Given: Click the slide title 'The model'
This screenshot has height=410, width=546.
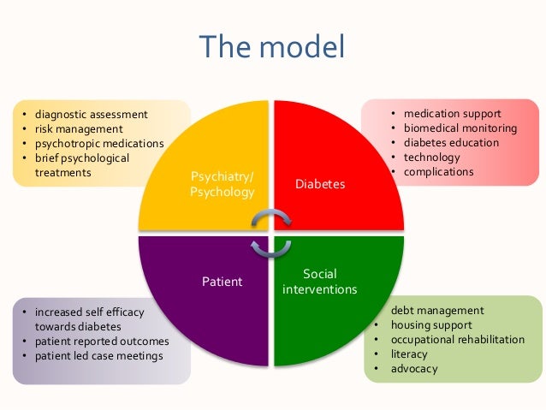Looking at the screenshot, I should point(272,47).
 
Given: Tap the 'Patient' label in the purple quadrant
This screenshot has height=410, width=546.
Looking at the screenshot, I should point(222,281).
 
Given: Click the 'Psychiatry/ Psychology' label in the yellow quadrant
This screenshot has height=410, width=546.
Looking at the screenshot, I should point(222,185).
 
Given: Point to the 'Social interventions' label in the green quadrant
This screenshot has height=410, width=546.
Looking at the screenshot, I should point(319,282).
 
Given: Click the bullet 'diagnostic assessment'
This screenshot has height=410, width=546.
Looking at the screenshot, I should point(91,114).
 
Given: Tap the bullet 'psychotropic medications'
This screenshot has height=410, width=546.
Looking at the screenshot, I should point(98,143).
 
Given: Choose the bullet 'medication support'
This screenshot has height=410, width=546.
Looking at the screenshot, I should point(452,114).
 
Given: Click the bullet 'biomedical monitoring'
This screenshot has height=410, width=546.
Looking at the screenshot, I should point(460,128).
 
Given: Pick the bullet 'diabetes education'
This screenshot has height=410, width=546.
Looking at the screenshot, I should point(451,143).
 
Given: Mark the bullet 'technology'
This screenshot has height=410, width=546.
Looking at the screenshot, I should point(431,157).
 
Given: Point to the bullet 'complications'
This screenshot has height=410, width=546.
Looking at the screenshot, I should point(438,172).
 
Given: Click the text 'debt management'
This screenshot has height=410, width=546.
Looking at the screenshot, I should point(436,311).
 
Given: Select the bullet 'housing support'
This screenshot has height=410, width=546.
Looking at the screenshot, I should point(430,325).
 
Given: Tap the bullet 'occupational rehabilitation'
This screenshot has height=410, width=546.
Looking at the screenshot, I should point(457,340).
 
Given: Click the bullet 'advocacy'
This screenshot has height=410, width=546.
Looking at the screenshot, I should point(413,369).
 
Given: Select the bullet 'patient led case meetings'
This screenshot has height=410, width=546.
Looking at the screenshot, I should point(98,356).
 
